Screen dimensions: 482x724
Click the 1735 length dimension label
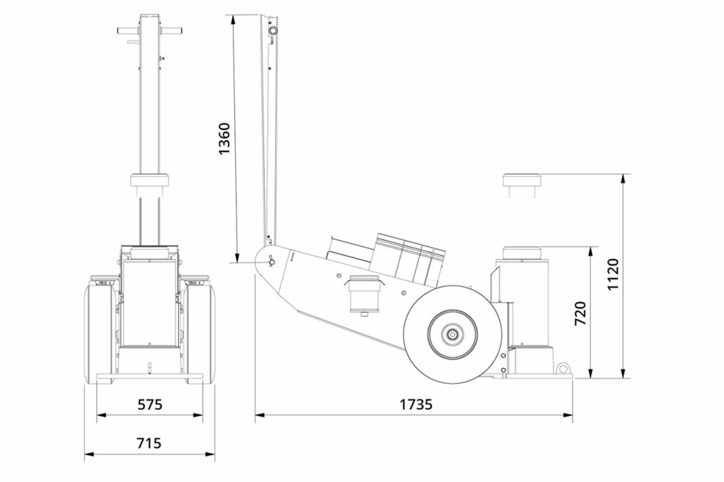coord(416,404)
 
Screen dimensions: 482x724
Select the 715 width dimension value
coord(149,443)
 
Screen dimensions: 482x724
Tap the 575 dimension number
coord(149,404)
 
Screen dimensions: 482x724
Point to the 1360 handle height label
coord(224,139)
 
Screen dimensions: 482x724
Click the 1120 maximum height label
coord(613,275)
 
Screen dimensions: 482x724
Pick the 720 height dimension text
coord(580,313)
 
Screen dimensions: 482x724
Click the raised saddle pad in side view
coord(522,181)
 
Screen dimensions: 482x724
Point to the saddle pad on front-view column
coord(149,181)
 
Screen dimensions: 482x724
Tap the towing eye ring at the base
coord(564,368)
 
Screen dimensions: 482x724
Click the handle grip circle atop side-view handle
coord(273,30)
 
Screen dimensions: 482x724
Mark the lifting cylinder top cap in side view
coord(519,252)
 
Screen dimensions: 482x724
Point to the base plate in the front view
coord(149,378)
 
